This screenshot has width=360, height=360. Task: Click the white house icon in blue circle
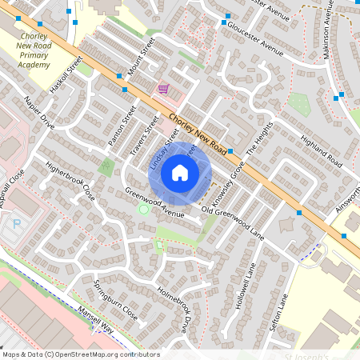pyautogui.click(x=181, y=172)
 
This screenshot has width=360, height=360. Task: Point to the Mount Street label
pyautogui.click(x=141, y=62)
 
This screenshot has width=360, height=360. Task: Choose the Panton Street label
pyautogui.click(x=118, y=131)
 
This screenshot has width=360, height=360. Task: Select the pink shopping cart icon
pyautogui.click(x=163, y=89)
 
